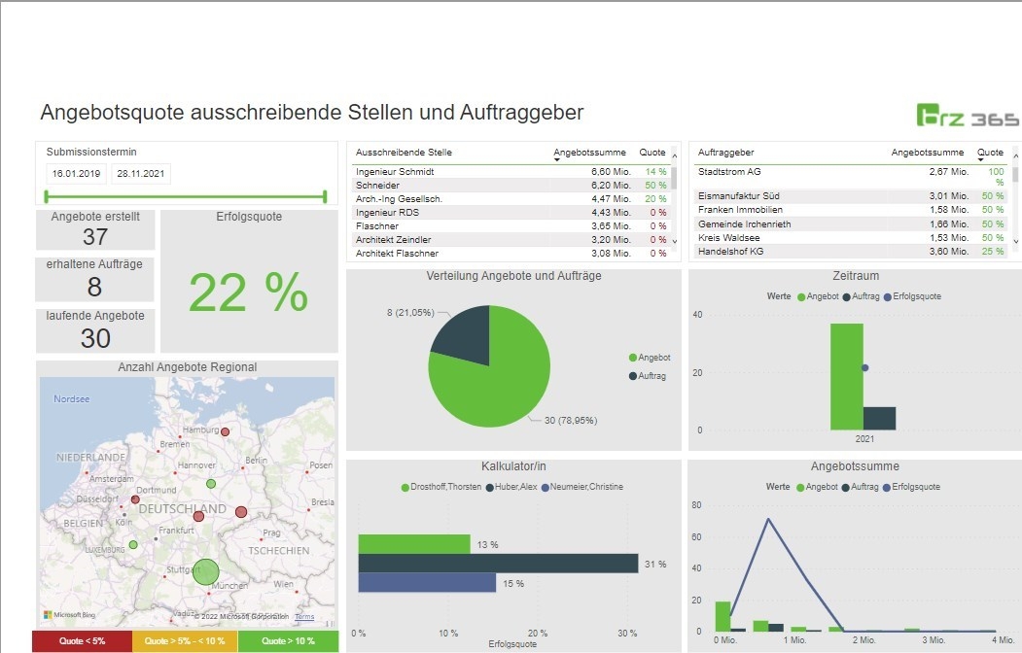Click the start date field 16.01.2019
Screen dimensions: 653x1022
click(x=77, y=173)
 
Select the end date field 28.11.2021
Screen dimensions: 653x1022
click(x=141, y=173)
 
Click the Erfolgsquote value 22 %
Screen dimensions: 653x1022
click(x=248, y=292)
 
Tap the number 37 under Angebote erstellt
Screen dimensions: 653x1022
click(x=95, y=237)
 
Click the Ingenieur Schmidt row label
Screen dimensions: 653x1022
click(x=395, y=171)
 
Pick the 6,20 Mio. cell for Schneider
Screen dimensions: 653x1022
click(x=611, y=185)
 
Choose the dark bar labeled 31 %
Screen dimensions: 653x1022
click(x=498, y=564)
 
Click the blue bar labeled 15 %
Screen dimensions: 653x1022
click(x=427, y=583)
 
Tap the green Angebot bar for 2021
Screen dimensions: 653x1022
click(x=846, y=376)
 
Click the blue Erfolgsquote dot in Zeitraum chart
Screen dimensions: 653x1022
click(x=864, y=367)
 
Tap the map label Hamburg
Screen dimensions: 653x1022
click(x=200, y=430)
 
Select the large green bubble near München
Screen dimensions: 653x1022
click(x=205, y=571)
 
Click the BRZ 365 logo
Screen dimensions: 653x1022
click(x=968, y=115)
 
